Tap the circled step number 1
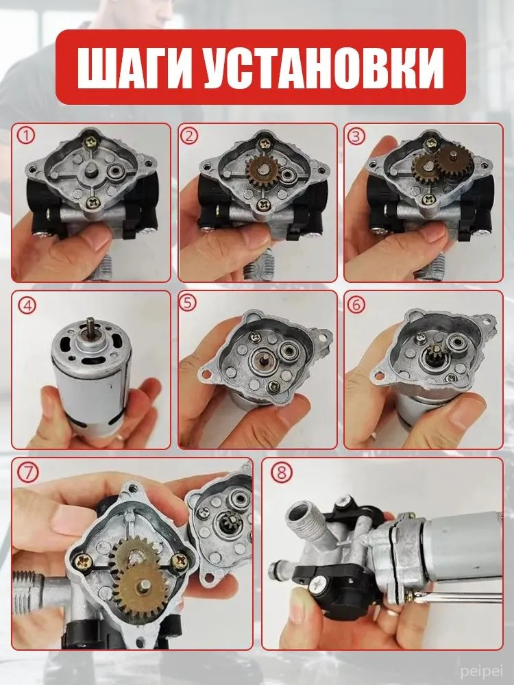26,136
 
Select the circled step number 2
189,136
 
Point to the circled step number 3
356,136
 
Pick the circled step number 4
27,306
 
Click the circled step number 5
188,303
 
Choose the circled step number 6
356,305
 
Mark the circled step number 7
28,473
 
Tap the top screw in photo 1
93,140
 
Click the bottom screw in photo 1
93,203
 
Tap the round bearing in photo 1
119,171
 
